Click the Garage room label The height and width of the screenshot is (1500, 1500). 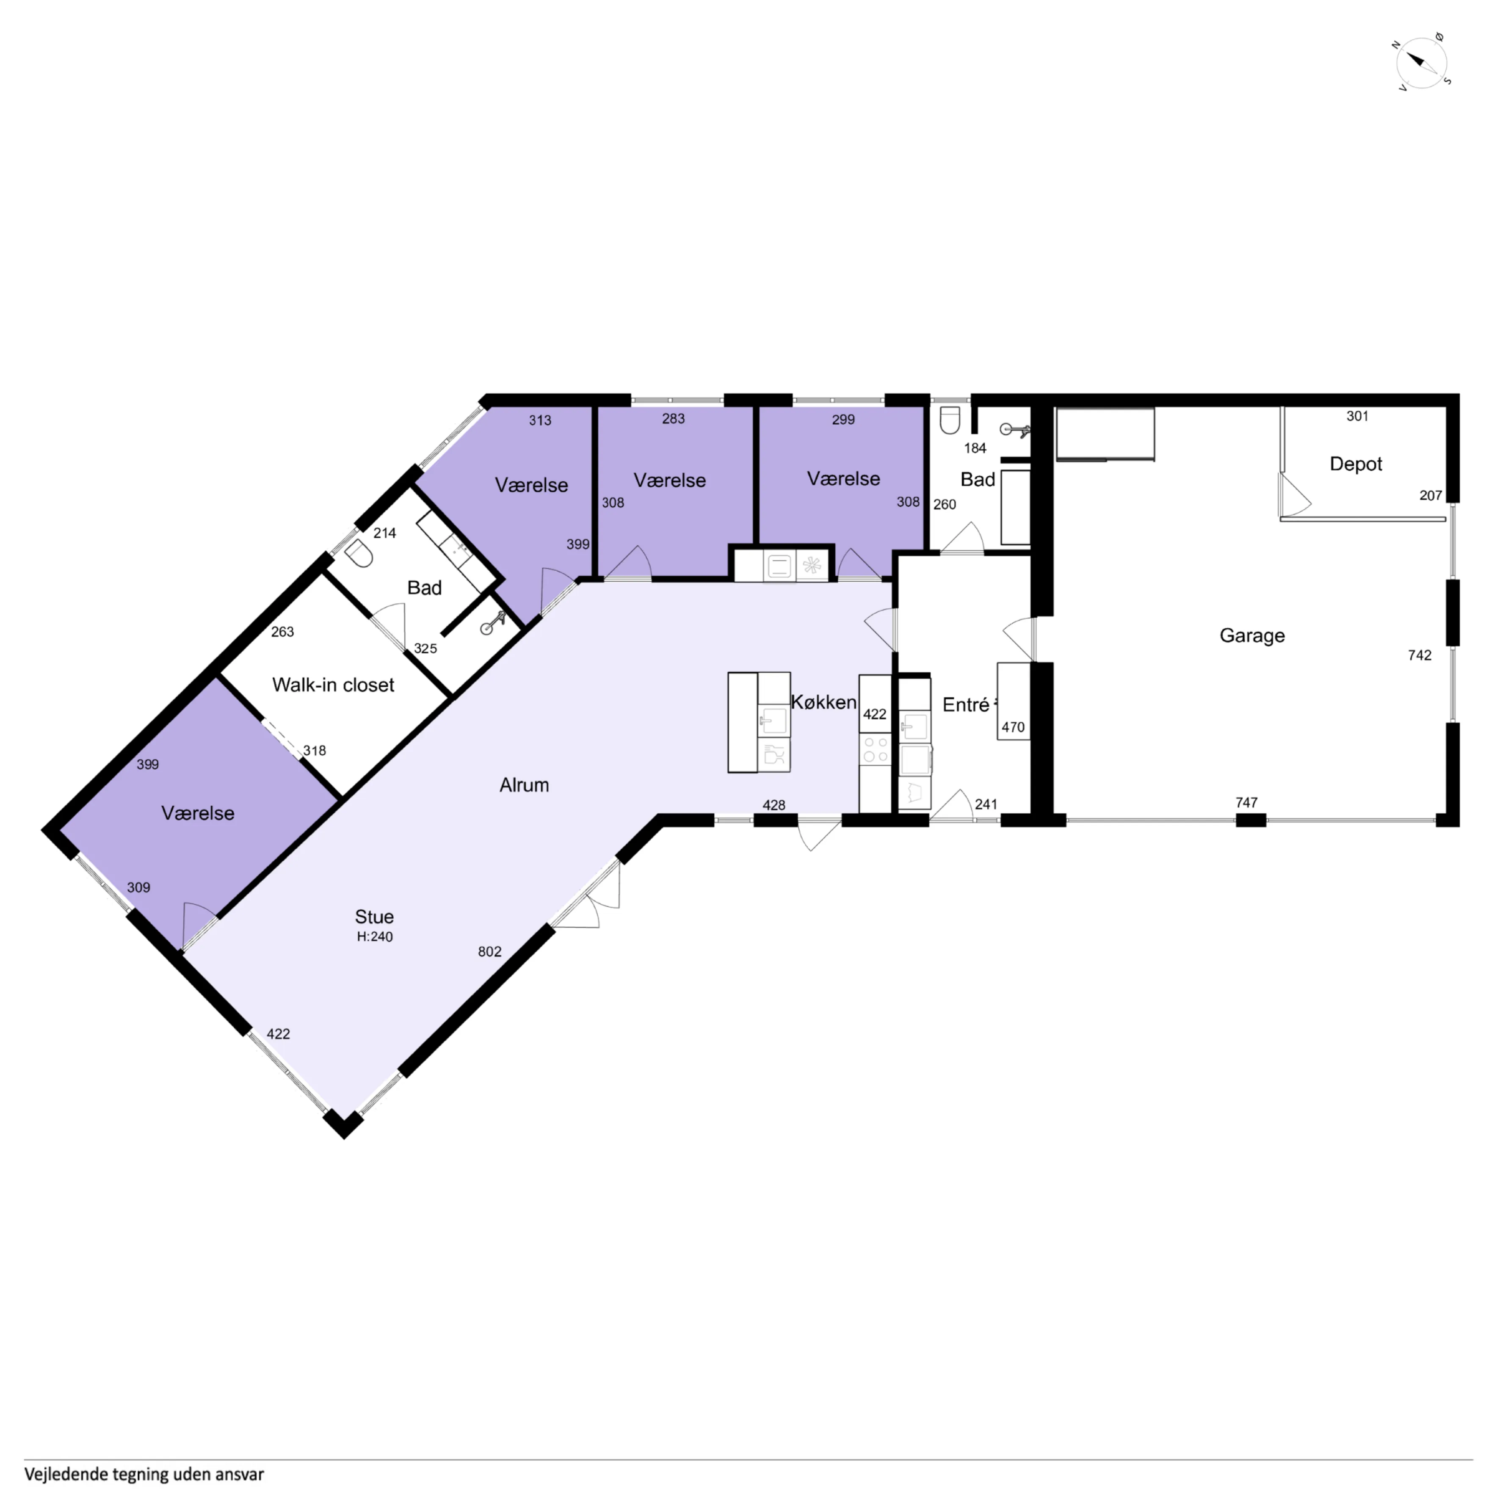(1251, 636)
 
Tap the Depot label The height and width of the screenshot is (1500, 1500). (1356, 464)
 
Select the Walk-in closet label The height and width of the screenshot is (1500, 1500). (333, 685)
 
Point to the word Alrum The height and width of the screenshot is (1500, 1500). (524, 785)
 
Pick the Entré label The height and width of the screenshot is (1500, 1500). (966, 705)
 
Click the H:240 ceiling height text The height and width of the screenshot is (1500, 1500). (375, 937)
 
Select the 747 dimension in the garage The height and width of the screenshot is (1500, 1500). (1246, 803)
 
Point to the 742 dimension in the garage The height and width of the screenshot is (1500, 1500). (1419, 655)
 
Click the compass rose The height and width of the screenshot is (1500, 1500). (1423, 62)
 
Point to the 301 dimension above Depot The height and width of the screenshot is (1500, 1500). (1357, 416)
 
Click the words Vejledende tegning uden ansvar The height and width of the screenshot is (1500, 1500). (144, 1474)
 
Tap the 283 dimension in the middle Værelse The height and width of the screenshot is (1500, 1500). (673, 419)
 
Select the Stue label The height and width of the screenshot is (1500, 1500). (374, 917)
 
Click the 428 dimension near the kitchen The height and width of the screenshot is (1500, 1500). (773, 805)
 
